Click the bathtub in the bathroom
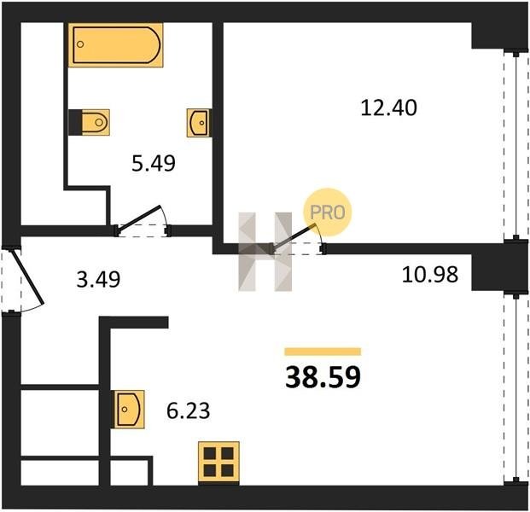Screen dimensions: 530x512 pyautogui.click(x=115, y=45)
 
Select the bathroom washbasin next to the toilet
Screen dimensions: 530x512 pyautogui.click(x=199, y=123)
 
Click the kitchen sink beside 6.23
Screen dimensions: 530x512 pyautogui.click(x=130, y=410)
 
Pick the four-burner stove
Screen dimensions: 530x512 pyautogui.click(x=218, y=463)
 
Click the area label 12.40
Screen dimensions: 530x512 pyautogui.click(x=388, y=108)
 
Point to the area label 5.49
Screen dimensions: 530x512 pyautogui.click(x=154, y=164)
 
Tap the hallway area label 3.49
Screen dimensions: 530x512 pyautogui.click(x=98, y=280)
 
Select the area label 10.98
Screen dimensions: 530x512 pyautogui.click(x=430, y=274)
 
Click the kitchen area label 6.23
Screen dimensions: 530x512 pyautogui.click(x=189, y=410)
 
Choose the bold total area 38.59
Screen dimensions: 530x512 pyautogui.click(x=323, y=377)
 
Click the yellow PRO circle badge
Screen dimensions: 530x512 pyautogui.click(x=328, y=212)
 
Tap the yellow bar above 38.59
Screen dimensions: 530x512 pyautogui.click(x=323, y=352)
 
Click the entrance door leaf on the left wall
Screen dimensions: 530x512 pyautogui.click(x=28, y=276)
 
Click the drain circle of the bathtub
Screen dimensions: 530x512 pyautogui.click(x=80, y=44)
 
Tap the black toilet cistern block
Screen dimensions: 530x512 pyautogui.click(x=75, y=122)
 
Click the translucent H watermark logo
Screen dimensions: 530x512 pyautogui.click(x=265, y=252)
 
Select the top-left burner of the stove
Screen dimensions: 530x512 pyautogui.click(x=210, y=453)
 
